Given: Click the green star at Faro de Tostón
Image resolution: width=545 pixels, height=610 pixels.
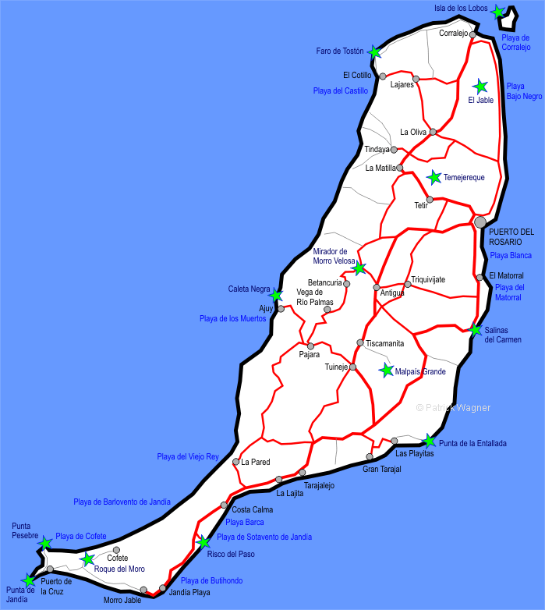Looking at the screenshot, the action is [375, 52].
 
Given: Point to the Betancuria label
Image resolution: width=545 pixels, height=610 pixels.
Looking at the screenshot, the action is [325, 283].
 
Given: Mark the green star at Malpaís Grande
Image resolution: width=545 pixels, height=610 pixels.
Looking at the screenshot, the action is [387, 371].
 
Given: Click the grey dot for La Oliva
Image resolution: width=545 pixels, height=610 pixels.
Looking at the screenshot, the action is [434, 132].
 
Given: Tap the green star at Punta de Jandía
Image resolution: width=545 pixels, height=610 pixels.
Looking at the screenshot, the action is [30, 580].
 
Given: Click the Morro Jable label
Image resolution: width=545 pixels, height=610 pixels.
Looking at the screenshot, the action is [122, 600].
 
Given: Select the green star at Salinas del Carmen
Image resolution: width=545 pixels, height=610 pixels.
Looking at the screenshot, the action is [476, 330].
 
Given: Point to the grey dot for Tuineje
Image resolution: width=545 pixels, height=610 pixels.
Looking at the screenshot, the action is [352, 367].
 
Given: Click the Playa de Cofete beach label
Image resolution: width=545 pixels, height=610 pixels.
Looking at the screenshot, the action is [80, 537].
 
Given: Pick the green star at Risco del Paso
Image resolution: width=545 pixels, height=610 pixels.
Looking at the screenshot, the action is [203, 542].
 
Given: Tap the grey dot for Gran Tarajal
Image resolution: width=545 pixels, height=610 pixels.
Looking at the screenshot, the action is [370, 456].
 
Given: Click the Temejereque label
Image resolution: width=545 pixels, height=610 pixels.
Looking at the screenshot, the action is [464, 178].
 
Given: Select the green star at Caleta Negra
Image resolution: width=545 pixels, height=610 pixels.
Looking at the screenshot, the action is [275, 296].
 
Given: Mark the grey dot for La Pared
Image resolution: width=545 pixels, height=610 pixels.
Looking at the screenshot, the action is [236, 462].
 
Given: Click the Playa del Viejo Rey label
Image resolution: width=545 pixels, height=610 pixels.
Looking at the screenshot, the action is [188, 457].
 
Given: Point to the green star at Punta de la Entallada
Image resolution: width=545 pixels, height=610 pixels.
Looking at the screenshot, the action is [429, 441].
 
